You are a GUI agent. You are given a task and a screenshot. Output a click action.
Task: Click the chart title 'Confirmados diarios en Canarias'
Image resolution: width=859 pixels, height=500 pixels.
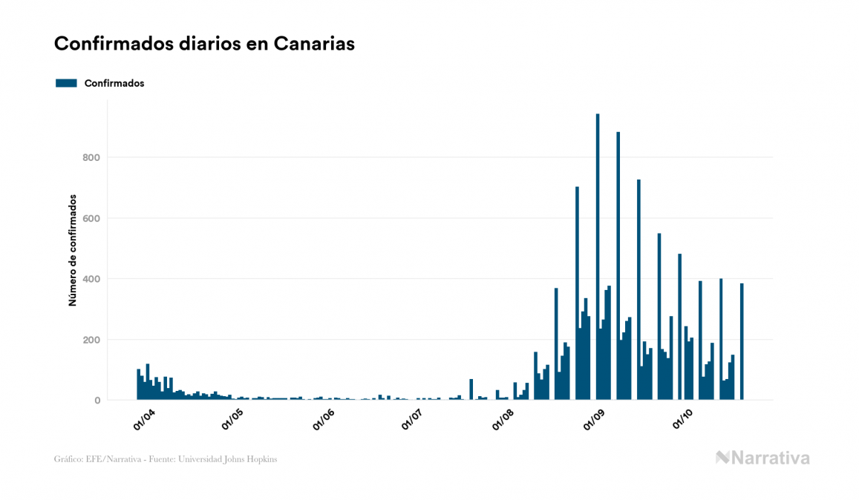click(204, 44)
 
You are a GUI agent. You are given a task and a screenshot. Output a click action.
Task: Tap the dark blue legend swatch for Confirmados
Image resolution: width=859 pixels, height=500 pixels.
click(66, 83)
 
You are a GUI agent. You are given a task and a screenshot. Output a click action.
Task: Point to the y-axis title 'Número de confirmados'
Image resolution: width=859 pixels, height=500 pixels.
click(73, 250)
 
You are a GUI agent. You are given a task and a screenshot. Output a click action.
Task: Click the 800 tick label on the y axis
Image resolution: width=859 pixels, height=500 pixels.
click(91, 157)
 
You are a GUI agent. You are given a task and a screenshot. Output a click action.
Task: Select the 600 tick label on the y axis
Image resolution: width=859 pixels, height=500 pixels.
click(91, 218)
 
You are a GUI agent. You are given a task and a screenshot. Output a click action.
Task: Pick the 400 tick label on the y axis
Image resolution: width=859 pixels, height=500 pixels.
click(91, 279)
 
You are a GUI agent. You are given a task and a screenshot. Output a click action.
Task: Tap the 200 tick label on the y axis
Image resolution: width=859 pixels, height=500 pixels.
click(91, 340)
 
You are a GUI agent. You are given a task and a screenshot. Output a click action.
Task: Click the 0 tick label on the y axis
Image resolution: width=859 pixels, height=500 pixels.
click(97, 401)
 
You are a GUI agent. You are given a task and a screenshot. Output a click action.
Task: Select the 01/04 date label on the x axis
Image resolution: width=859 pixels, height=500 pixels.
click(143, 419)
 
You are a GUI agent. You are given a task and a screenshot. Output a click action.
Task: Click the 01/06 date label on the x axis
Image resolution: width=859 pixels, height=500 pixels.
click(324, 419)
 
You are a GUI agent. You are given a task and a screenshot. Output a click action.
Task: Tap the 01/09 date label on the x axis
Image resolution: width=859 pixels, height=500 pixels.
click(594, 419)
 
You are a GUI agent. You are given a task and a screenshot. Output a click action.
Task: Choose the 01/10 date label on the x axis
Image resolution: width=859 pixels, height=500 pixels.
click(682, 419)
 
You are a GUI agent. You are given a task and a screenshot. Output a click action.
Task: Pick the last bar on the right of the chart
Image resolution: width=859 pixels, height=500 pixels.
click(742, 341)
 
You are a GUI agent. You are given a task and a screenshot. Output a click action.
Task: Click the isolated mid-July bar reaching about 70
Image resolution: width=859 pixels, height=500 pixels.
click(471, 389)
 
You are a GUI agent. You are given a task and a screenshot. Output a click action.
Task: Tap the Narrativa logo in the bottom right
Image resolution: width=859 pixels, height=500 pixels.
click(762, 458)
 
